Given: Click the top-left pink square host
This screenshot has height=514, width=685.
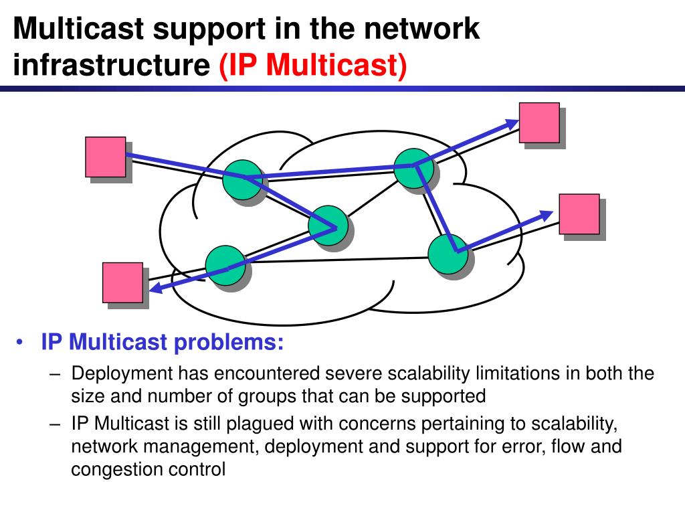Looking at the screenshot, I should click(x=106, y=157).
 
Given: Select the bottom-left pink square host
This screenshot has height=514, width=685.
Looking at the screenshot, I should click(x=122, y=282).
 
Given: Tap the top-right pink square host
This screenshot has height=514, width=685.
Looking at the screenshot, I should click(x=539, y=122).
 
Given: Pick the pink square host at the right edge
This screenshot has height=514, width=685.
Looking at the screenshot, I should click(x=579, y=214).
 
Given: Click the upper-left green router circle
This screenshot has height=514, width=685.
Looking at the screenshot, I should click(x=241, y=179).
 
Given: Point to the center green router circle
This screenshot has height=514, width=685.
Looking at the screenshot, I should click(x=328, y=224).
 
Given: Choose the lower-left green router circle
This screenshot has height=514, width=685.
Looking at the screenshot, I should click(x=225, y=265).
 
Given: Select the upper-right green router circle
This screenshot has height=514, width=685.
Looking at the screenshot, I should click(x=412, y=167).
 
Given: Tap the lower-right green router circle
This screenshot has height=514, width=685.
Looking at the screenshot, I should click(x=448, y=254).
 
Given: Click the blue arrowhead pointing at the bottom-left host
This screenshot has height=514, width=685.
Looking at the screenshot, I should click(x=155, y=287).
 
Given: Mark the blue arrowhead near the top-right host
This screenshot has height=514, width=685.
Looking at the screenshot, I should click(x=512, y=123).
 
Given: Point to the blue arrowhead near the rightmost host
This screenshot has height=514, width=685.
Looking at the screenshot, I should click(x=547, y=215).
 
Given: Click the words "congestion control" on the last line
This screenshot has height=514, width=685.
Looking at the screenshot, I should click(x=149, y=469).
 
